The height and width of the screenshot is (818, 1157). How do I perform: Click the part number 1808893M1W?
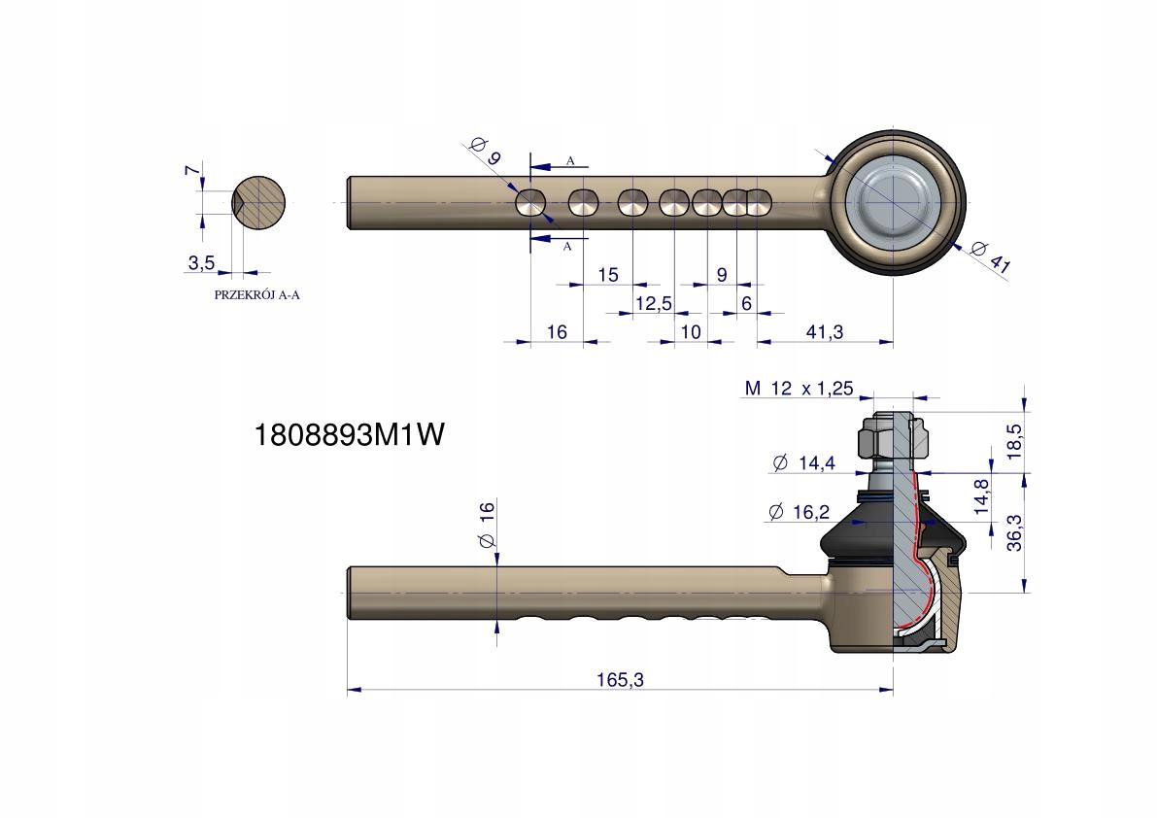click(x=349, y=435)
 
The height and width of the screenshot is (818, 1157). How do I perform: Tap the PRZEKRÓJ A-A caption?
click(x=256, y=295)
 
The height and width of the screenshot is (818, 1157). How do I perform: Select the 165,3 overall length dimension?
click(x=620, y=679)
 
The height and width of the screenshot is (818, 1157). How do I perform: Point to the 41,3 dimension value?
click(x=824, y=332)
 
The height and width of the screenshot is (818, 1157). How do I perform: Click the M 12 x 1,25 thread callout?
click(x=799, y=388)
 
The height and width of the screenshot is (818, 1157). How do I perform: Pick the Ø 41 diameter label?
click(x=990, y=256)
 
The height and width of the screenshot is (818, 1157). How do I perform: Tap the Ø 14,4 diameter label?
click(x=803, y=463)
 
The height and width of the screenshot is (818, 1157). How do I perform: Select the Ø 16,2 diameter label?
click(x=800, y=512)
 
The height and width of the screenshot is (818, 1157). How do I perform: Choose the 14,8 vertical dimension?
click(x=981, y=497)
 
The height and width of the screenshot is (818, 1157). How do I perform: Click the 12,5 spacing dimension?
click(x=654, y=303)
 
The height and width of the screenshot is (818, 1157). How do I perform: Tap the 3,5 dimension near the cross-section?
click(x=201, y=262)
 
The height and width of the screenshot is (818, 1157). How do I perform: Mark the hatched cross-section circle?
click(x=258, y=203)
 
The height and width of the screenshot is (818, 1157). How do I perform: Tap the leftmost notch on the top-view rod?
click(x=530, y=202)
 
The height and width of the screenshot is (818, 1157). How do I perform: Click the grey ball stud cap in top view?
click(x=892, y=201)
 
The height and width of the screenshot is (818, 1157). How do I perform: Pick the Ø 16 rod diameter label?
click(x=487, y=525)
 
